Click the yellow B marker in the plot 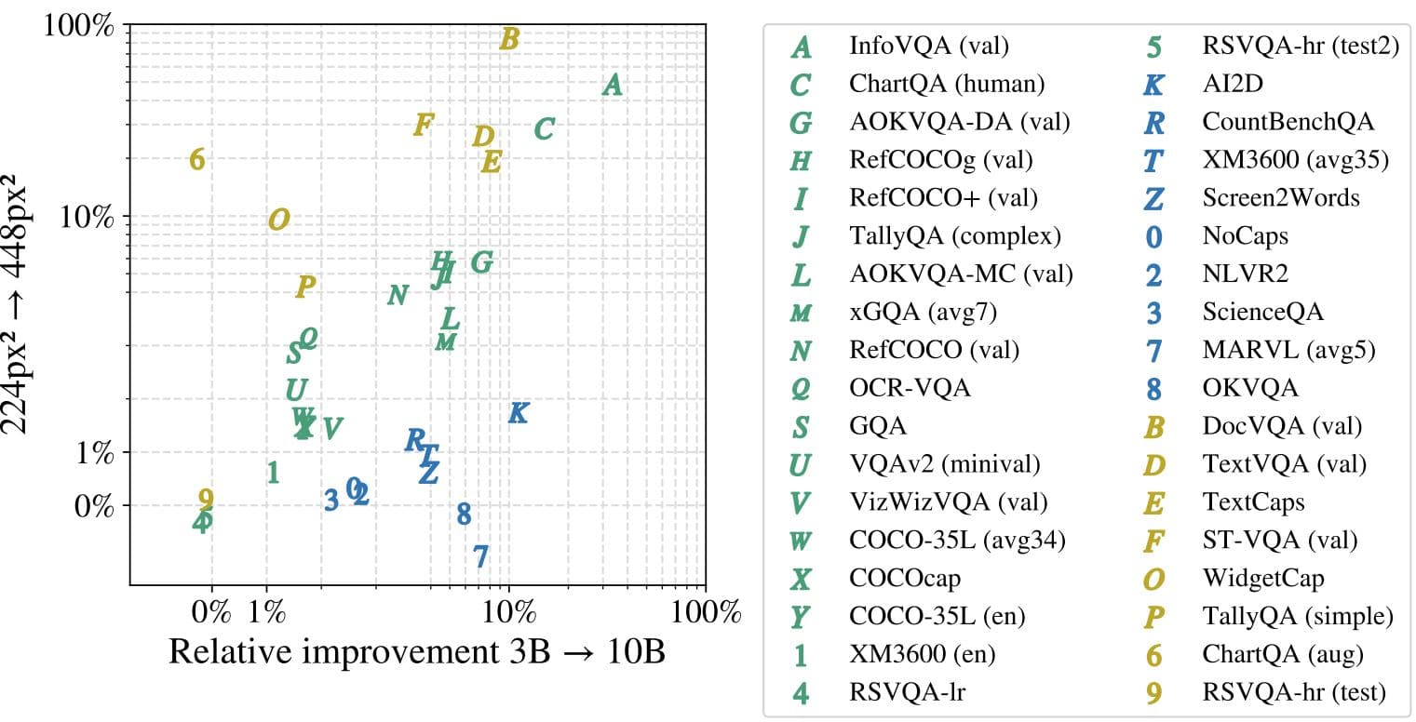coord(508,39)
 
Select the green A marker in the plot coord(612,86)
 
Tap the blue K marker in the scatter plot coord(519,413)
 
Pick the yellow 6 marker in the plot coord(196,160)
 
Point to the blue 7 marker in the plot coord(480,556)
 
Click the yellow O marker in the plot coord(278,221)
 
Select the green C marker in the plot coord(545,129)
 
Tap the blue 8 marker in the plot coord(464,514)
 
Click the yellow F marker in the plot coord(424,125)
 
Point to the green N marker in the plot coord(398,295)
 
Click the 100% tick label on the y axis coord(79,26)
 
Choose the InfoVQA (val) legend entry coord(928,46)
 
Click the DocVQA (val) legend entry coord(1282,426)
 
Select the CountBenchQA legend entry coord(1288,122)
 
